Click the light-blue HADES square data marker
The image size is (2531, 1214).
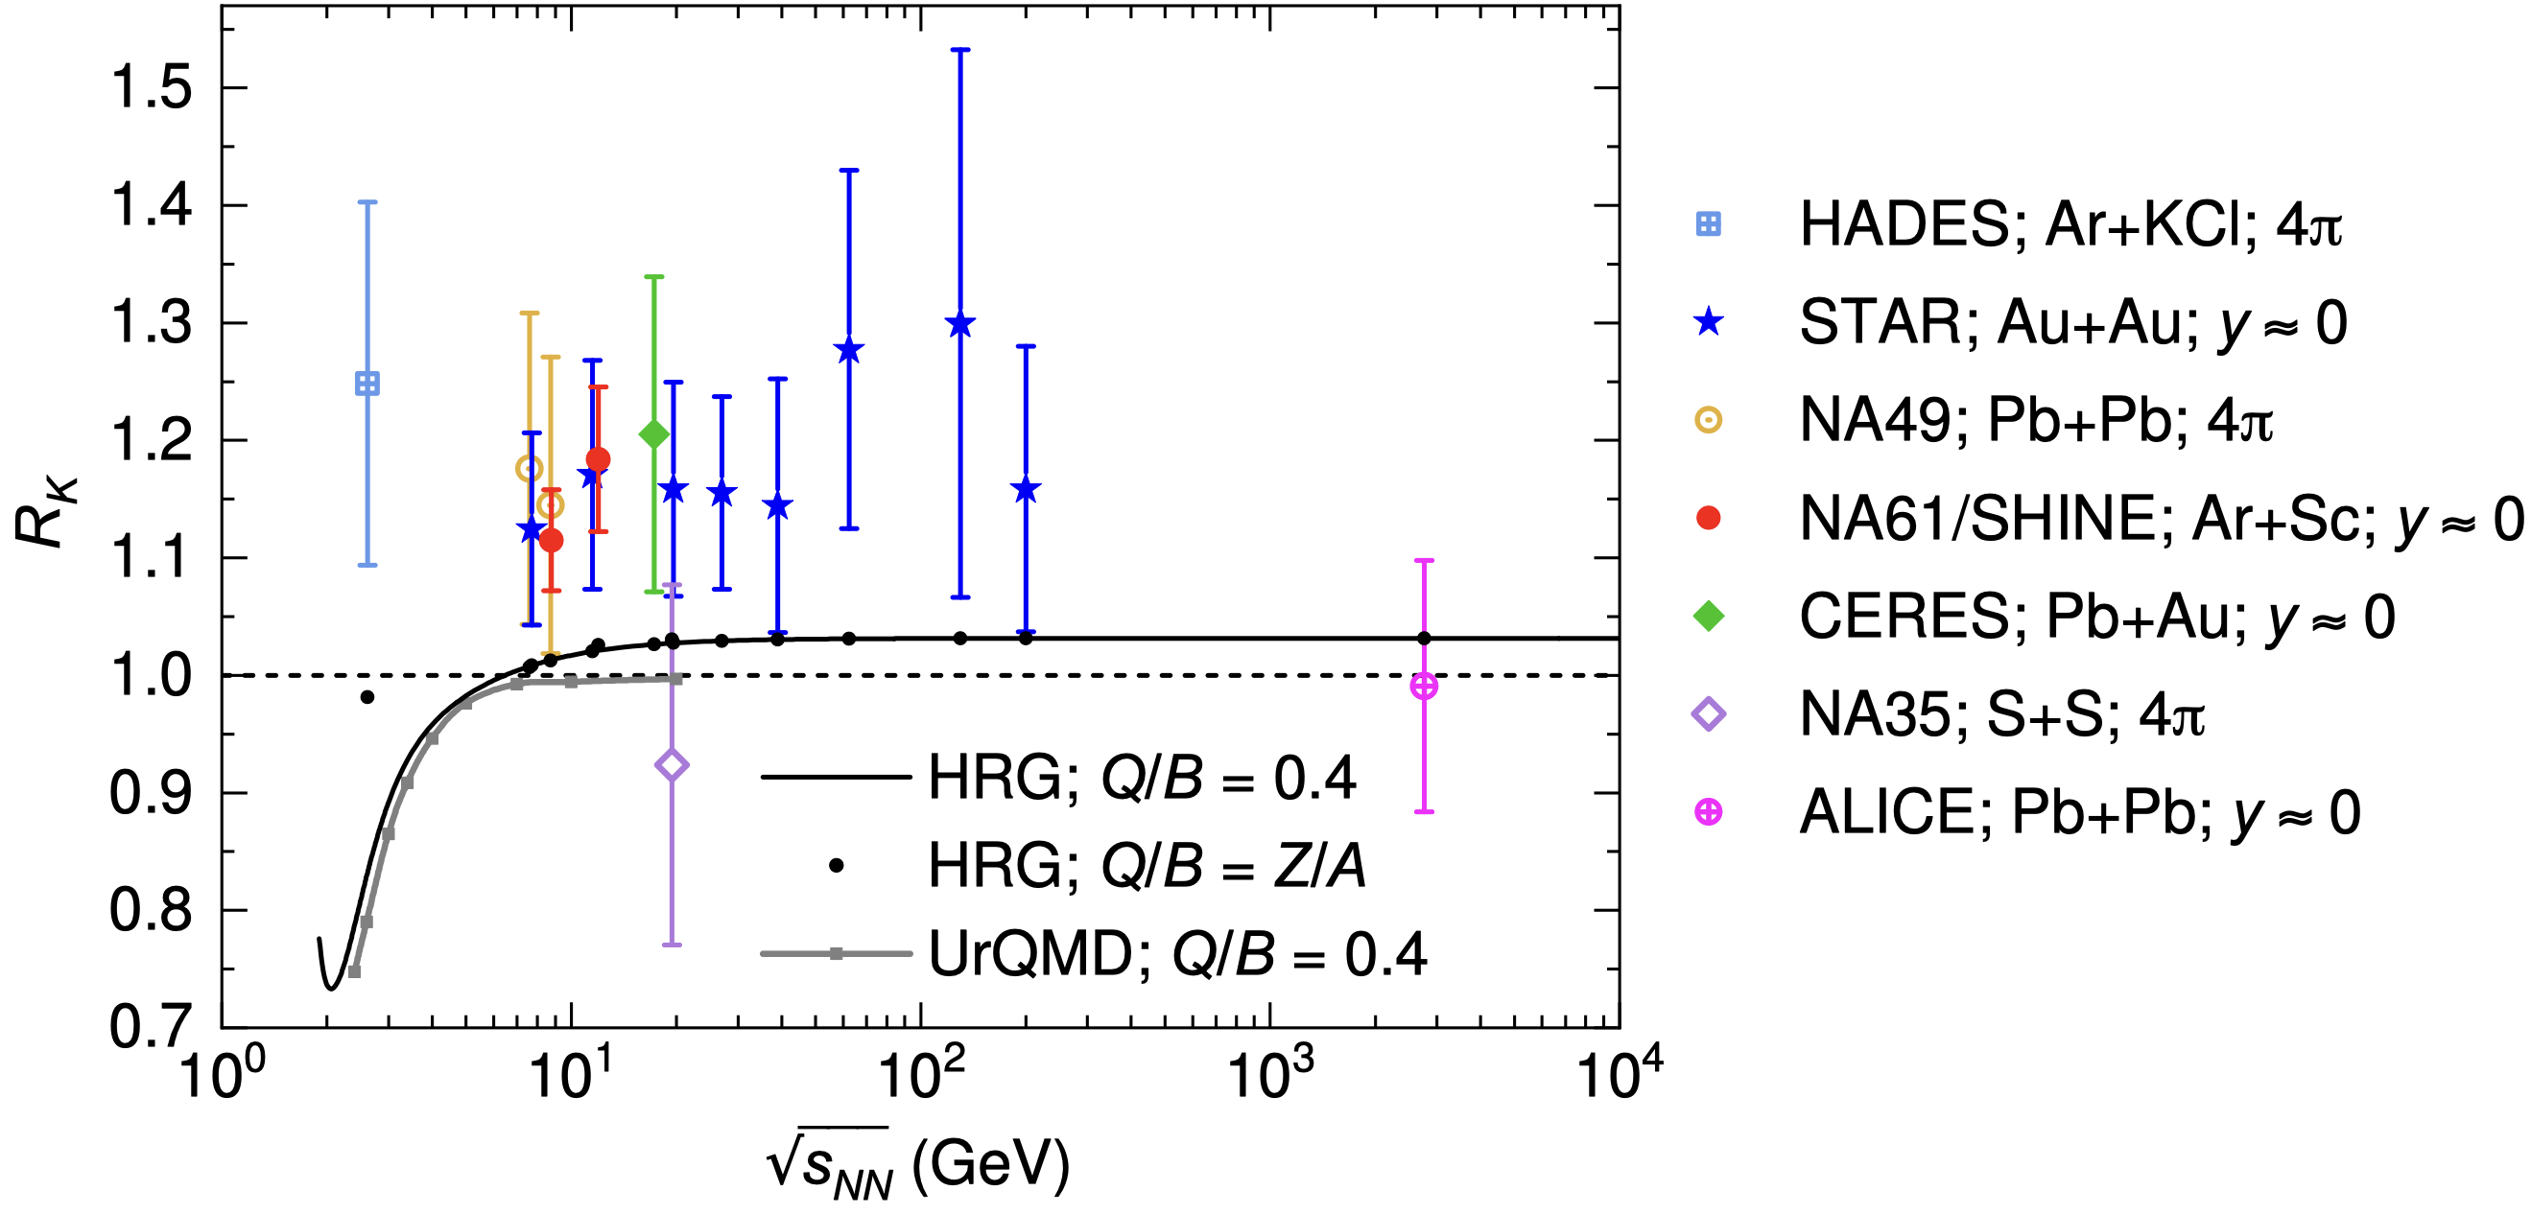[x=367, y=383]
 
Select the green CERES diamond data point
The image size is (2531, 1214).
[x=653, y=434]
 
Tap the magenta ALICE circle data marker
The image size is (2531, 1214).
[x=1424, y=687]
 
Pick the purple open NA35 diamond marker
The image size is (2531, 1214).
[x=672, y=765]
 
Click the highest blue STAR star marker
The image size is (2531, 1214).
[x=960, y=324]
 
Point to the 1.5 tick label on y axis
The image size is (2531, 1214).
[x=151, y=88]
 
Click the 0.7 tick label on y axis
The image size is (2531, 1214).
[x=151, y=1027]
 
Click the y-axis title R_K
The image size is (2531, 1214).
[x=44, y=511]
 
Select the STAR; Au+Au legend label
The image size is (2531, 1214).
[x=2072, y=323]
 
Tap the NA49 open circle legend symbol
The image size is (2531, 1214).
[x=1709, y=420]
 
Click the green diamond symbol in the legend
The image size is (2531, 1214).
[x=1709, y=616]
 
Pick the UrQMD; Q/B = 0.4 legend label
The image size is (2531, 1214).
[x=1176, y=954]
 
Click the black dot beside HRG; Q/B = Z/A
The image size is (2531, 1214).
[x=836, y=865]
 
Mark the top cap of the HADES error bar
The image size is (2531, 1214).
[x=367, y=202]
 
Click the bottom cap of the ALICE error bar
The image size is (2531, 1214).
[x=1424, y=811]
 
